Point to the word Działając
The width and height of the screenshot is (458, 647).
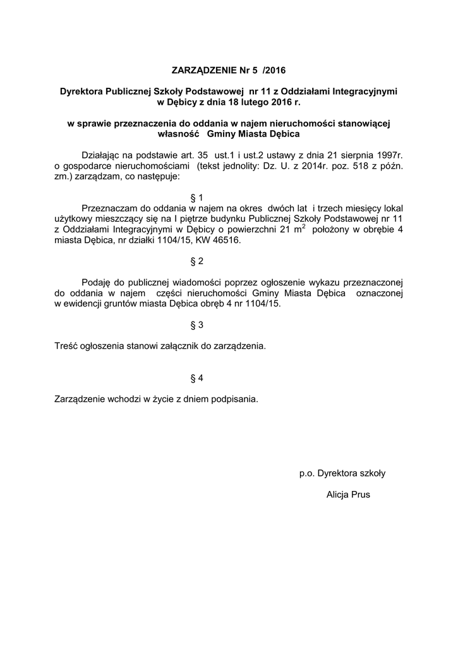(x=102, y=155)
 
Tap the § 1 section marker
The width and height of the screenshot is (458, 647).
(x=196, y=197)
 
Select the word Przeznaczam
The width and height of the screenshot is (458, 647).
(x=109, y=208)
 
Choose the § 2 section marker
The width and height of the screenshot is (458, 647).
(x=196, y=261)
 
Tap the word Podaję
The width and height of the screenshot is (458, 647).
(x=97, y=282)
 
